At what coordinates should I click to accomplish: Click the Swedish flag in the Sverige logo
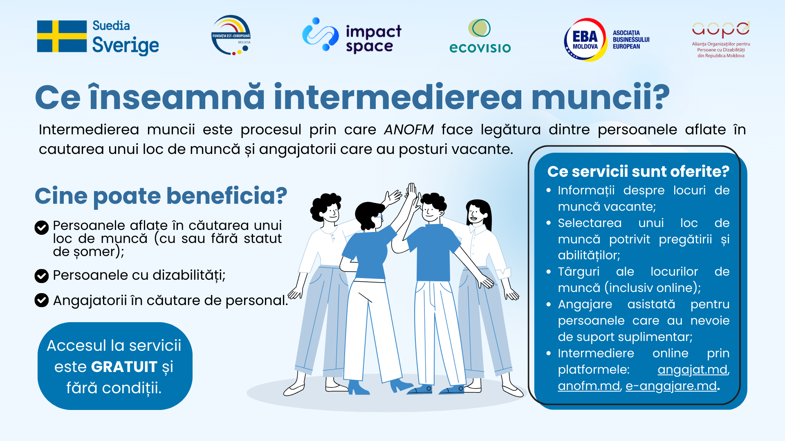[62, 36]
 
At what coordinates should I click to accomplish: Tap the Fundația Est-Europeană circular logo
[231, 36]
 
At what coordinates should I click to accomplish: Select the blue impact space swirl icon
[320, 34]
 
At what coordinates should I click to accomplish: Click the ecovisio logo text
[480, 48]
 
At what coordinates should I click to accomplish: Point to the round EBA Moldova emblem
[585, 40]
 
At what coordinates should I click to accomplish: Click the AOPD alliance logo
[721, 39]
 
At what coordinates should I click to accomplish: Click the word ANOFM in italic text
[408, 129]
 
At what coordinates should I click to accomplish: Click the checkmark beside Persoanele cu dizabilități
[42, 276]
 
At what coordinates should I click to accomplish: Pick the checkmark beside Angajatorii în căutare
[42, 301]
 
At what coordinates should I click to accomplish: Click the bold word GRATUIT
[124, 367]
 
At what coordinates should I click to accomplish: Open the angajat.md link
[693, 370]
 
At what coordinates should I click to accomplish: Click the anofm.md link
[589, 386]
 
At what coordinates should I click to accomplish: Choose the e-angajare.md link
[671, 386]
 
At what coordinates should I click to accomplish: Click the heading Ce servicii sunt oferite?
[638, 171]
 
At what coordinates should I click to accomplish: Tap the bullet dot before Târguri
[549, 272]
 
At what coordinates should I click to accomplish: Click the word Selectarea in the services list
[590, 223]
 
